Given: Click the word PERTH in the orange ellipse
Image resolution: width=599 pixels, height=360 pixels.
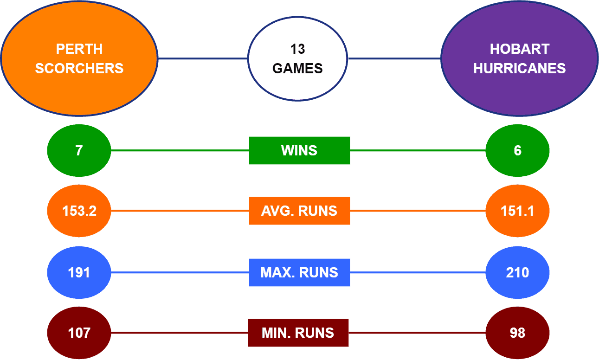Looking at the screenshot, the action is coord(79,49).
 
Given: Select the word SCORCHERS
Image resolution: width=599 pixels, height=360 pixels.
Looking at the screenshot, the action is coord(79,68).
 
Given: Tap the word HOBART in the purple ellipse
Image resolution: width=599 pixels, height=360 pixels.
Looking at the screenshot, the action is coord(520,49).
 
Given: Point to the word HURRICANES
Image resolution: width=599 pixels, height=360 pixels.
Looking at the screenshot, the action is coord(520,68).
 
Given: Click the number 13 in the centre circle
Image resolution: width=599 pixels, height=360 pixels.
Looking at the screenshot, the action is coord(297,49).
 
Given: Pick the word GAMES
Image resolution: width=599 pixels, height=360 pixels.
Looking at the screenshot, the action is coord(297,68).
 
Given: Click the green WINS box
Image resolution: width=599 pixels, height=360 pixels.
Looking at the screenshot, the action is coord(300,150).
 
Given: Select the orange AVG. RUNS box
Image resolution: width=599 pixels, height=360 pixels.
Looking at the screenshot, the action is coord(300,211).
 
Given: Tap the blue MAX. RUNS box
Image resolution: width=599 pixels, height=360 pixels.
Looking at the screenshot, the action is coord(300,272).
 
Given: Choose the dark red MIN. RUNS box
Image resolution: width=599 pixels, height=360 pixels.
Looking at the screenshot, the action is coord(298,333).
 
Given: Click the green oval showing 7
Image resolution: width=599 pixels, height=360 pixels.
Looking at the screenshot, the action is coord(79,150).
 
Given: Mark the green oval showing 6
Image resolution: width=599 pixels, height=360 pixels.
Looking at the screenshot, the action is coord(517,150).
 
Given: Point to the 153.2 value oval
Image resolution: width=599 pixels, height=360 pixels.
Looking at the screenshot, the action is coord(79,211).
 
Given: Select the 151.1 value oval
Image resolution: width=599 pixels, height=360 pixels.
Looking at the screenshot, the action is coord(517,211).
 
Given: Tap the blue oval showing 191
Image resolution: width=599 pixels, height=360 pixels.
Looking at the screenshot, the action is coord(79,272).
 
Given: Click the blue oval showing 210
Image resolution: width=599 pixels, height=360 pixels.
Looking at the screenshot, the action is coord(517,272).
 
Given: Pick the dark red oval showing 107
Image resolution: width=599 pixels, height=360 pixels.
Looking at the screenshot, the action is coord(79,333).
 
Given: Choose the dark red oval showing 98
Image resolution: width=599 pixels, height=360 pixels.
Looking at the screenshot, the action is coord(517,333).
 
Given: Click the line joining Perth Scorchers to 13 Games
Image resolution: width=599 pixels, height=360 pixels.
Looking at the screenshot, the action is coord(203,58).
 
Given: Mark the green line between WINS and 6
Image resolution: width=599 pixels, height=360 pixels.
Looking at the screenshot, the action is coord(418,150).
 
